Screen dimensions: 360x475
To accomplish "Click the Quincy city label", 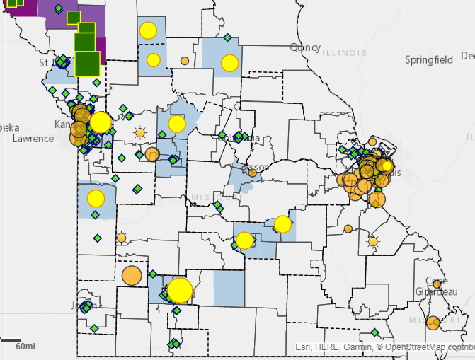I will (x=305, y=47).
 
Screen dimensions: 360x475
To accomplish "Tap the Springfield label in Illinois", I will (x=428, y=60).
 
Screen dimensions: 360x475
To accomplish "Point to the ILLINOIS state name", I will (x=344, y=53).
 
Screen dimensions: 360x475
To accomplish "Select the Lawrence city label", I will (x=33, y=139).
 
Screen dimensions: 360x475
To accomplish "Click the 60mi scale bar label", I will (x=26, y=347).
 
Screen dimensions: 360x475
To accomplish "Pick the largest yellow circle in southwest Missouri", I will (x=180, y=290).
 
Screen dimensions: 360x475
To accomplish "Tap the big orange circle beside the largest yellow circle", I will (x=132, y=275).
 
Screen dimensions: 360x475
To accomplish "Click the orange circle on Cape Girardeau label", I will (x=437, y=284).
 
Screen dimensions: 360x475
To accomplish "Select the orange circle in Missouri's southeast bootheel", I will (x=433, y=323).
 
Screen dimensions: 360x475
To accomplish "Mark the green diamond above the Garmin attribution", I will (x=374, y=332).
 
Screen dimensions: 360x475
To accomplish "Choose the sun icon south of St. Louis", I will (x=373, y=241).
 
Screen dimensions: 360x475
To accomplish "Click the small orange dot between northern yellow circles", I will (x=185, y=61).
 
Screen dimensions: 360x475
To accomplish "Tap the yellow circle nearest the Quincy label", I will (x=229, y=63).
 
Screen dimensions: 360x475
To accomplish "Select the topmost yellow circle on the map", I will (x=148, y=30).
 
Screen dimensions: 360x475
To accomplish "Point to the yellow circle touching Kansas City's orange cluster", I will (x=101, y=122).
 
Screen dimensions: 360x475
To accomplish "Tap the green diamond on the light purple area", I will (x=58, y=8).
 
